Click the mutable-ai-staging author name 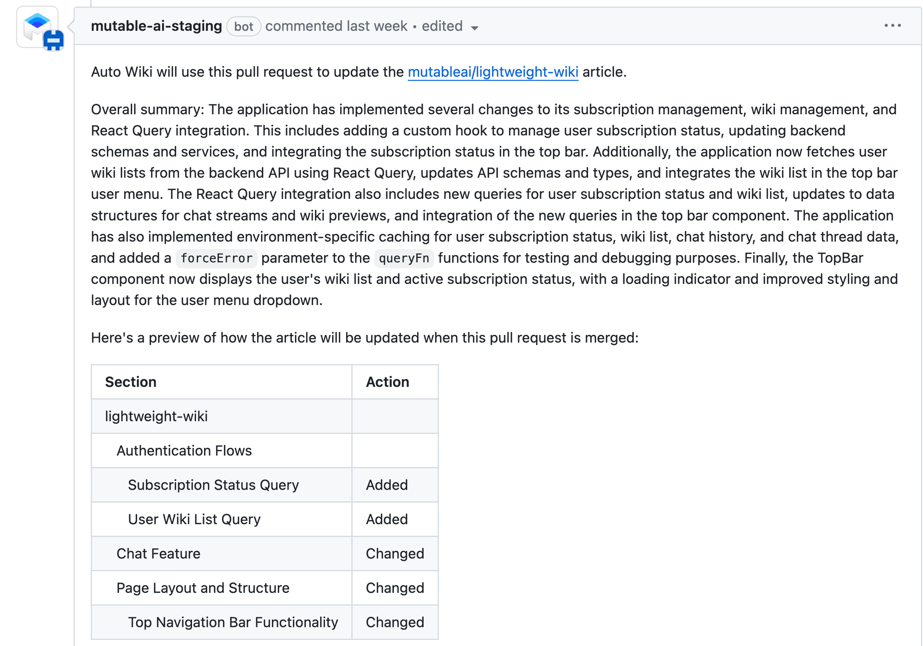pos(156,26)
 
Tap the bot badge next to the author pos(244,26)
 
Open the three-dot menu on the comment pos(893,26)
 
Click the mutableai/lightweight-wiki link pos(493,72)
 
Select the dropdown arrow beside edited pos(474,28)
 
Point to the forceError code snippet pos(216,258)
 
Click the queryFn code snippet pos(404,258)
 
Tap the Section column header pos(131,382)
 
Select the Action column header pos(387,382)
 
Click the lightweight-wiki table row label pos(156,416)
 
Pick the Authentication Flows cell pos(184,450)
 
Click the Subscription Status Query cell pos(213,485)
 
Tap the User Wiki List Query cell pos(194,519)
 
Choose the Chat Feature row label pos(158,554)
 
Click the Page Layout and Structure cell pos(203,588)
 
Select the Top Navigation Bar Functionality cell pos(233,622)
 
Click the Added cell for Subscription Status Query pos(387,485)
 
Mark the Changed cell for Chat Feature pos(395,554)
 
